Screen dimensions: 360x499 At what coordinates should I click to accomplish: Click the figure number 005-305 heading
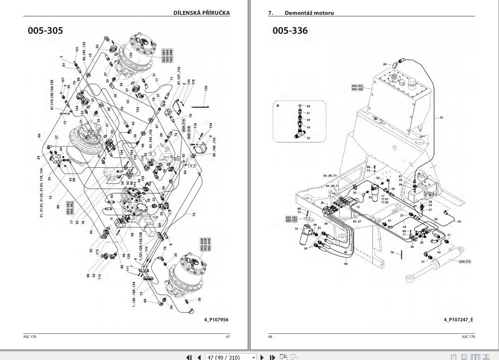[45, 31]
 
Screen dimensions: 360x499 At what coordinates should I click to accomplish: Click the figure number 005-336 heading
[290, 31]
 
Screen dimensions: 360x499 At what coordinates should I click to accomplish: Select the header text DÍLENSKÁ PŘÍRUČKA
[201, 13]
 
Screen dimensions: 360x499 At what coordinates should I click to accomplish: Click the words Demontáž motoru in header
[309, 13]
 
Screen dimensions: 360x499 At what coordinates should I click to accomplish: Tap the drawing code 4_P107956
[216, 320]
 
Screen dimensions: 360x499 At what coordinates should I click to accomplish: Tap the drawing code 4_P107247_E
[458, 320]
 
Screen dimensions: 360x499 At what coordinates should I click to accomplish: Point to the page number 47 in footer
[228, 337]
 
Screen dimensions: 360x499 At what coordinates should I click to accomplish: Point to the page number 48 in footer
[270, 337]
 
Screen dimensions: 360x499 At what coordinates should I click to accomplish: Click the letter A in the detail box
[278, 106]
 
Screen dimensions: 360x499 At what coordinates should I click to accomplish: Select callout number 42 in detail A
[308, 106]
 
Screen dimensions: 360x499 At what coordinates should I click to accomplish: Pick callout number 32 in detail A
[308, 138]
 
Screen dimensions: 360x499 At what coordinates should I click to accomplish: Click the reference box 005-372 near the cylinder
[465, 261]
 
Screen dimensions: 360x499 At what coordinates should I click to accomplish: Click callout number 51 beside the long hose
[442, 118]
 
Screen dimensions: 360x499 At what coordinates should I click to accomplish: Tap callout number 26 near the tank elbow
[385, 64]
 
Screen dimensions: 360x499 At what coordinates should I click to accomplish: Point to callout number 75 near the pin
[392, 253]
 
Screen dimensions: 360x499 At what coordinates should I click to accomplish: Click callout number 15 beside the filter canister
[296, 229]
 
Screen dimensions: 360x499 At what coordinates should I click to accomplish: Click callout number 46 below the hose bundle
[346, 264]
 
